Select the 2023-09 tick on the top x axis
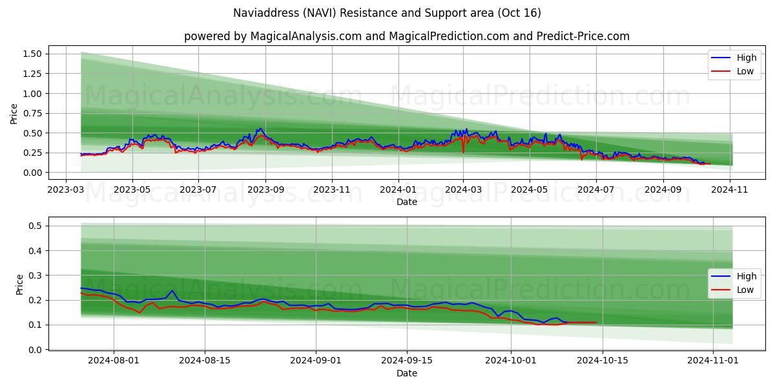265,191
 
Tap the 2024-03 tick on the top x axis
463,191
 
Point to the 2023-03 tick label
66,191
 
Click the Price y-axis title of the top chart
14,113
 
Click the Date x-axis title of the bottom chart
407,374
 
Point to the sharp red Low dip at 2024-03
463,153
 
